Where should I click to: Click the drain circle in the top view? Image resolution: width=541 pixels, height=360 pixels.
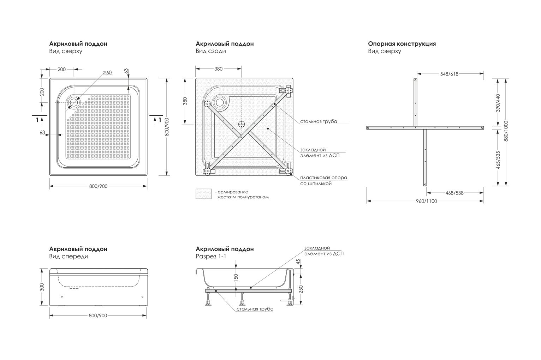point(75,102)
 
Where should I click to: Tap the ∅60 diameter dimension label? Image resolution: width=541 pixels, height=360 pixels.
point(107,73)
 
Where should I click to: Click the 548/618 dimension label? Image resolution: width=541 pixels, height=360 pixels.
point(449,74)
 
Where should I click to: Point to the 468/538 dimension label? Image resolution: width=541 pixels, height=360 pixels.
point(454,193)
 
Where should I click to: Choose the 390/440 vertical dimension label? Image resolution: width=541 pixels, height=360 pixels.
point(498,102)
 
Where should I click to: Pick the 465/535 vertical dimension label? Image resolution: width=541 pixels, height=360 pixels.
point(498,160)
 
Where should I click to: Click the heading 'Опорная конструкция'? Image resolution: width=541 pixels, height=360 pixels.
point(402,44)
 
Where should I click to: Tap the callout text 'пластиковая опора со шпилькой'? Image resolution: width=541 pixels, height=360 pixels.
point(323,180)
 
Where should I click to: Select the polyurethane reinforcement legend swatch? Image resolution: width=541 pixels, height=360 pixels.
point(204,194)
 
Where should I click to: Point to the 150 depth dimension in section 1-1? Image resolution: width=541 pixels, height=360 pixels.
point(236,278)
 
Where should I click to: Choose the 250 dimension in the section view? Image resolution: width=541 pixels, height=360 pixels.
point(301,289)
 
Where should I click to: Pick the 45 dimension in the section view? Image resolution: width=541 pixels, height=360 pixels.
point(298,262)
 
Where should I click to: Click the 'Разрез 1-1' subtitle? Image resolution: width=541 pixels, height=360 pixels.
point(211,257)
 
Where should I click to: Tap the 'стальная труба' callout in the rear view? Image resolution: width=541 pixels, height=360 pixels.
point(319,121)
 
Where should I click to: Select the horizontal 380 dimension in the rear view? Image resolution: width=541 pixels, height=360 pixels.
point(219,69)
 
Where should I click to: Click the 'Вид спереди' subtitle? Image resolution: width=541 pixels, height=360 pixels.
point(69,257)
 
